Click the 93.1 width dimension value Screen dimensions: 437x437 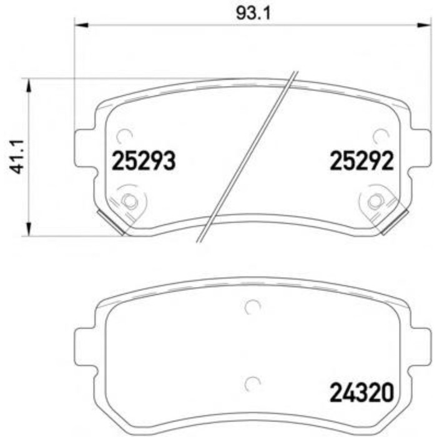coord(253,14)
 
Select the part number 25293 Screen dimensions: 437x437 coord(144,161)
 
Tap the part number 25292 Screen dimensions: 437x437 coord(361,161)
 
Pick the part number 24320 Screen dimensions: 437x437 coord(361,393)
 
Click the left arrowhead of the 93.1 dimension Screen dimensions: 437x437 coord(81,26)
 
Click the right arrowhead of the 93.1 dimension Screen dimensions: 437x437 coord(424,26)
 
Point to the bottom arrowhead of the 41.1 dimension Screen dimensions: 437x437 coord(29,229)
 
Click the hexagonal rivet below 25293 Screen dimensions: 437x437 coord(129,200)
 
